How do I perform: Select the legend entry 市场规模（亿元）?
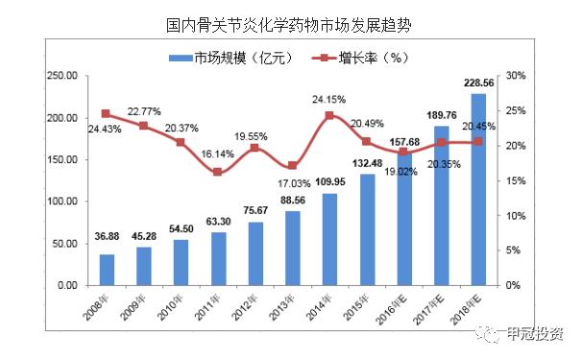225,57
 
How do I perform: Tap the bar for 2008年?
107,270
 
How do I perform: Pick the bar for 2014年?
329,239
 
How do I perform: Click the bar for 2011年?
218,258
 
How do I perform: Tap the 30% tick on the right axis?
516,76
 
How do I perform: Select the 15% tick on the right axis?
516,180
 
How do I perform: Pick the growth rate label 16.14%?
218,152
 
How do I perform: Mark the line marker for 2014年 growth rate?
329,115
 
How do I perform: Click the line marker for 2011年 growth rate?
218,172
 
